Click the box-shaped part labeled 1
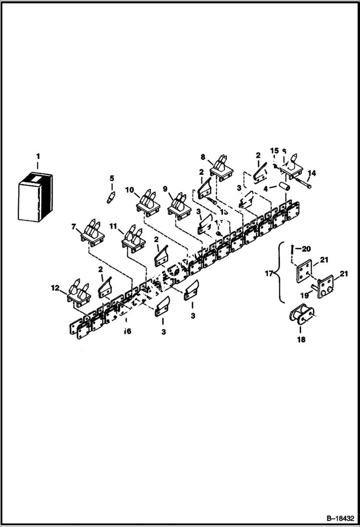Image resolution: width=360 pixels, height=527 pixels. click(35, 197)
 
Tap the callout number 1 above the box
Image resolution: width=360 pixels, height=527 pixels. click(38, 156)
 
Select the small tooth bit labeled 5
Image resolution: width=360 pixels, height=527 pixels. click(112, 197)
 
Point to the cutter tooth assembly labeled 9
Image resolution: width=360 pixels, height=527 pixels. click(180, 204)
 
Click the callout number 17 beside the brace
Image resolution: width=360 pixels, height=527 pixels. click(269, 274)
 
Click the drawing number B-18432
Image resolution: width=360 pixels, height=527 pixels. click(339, 518)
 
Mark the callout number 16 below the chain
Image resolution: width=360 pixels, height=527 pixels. click(127, 331)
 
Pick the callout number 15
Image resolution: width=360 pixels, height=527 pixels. click(274, 150)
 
